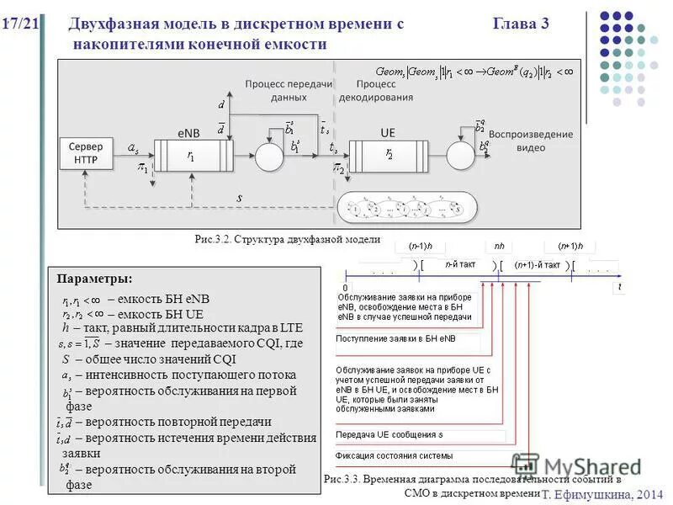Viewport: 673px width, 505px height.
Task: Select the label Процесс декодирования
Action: [x=376, y=91]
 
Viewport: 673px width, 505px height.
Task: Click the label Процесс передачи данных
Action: [x=289, y=91]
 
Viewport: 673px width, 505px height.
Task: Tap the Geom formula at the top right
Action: [x=475, y=72]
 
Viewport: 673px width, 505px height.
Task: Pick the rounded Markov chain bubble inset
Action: [x=406, y=208]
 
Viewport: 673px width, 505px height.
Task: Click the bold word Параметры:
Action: [x=94, y=279]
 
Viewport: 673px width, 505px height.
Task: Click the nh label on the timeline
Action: [x=498, y=246]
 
